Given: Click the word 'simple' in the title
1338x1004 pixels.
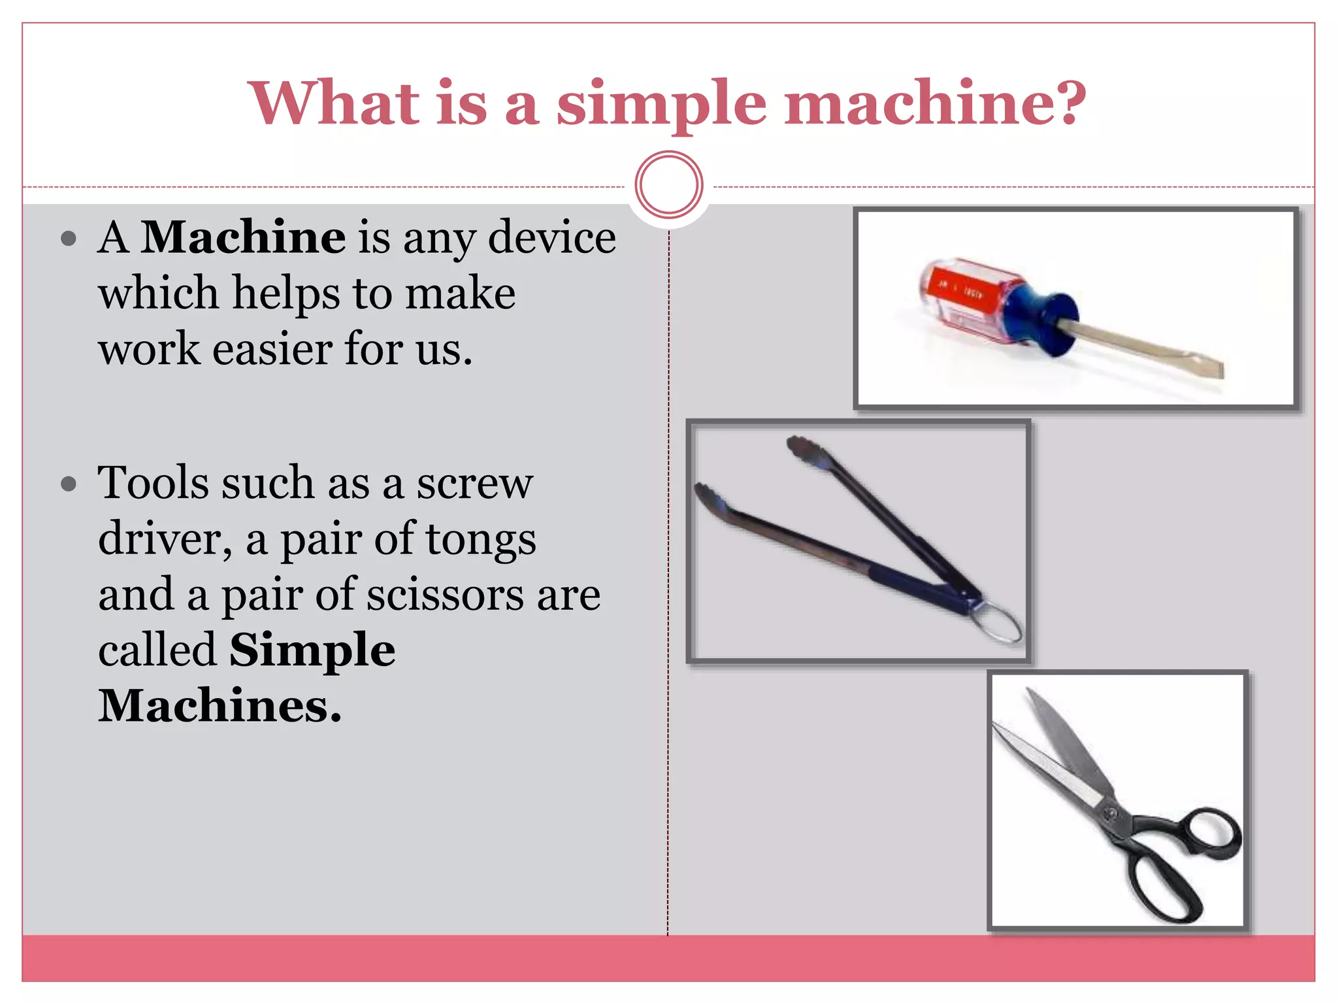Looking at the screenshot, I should [661, 105].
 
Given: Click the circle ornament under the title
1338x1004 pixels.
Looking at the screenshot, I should [668, 185].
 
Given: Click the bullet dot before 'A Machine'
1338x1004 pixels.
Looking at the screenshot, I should [68, 239].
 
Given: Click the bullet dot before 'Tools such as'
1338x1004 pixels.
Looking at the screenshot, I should [68, 484].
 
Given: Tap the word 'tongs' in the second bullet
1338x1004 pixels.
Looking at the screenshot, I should [480, 540].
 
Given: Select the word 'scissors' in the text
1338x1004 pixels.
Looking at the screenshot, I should [445, 595].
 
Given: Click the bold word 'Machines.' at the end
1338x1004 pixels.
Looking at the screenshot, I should [220, 707].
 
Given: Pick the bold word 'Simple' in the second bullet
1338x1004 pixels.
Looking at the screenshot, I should [312, 650].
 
